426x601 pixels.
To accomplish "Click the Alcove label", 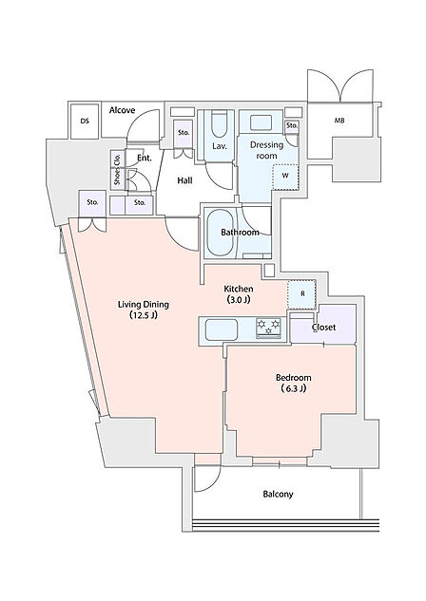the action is pos(122,110).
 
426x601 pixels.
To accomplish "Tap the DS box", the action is pos(85,122).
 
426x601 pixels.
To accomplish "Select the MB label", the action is pos(339,121).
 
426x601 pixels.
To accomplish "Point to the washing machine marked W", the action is pos(285,177).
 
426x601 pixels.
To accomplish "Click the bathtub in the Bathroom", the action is pos(220,233).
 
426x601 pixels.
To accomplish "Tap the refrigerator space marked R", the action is pos(302,294).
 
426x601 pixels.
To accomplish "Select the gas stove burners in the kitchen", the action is pos(268,329).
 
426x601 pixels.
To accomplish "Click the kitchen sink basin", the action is pos(221,329).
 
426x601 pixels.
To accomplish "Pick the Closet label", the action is pos(323,328).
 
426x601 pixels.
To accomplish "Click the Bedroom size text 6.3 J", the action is pos(293,388).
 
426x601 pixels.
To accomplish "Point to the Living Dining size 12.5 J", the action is pos(144,316).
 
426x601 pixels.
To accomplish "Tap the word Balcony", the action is pos(278,495).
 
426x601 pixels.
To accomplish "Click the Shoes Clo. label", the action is pos(117,169).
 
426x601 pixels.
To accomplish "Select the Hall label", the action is pos(184,180).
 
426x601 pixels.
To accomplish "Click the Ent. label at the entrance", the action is pos(145,158).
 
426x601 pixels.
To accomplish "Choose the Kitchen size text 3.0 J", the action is pos(239,300).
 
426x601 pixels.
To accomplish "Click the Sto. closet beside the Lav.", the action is pos(184,134).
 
